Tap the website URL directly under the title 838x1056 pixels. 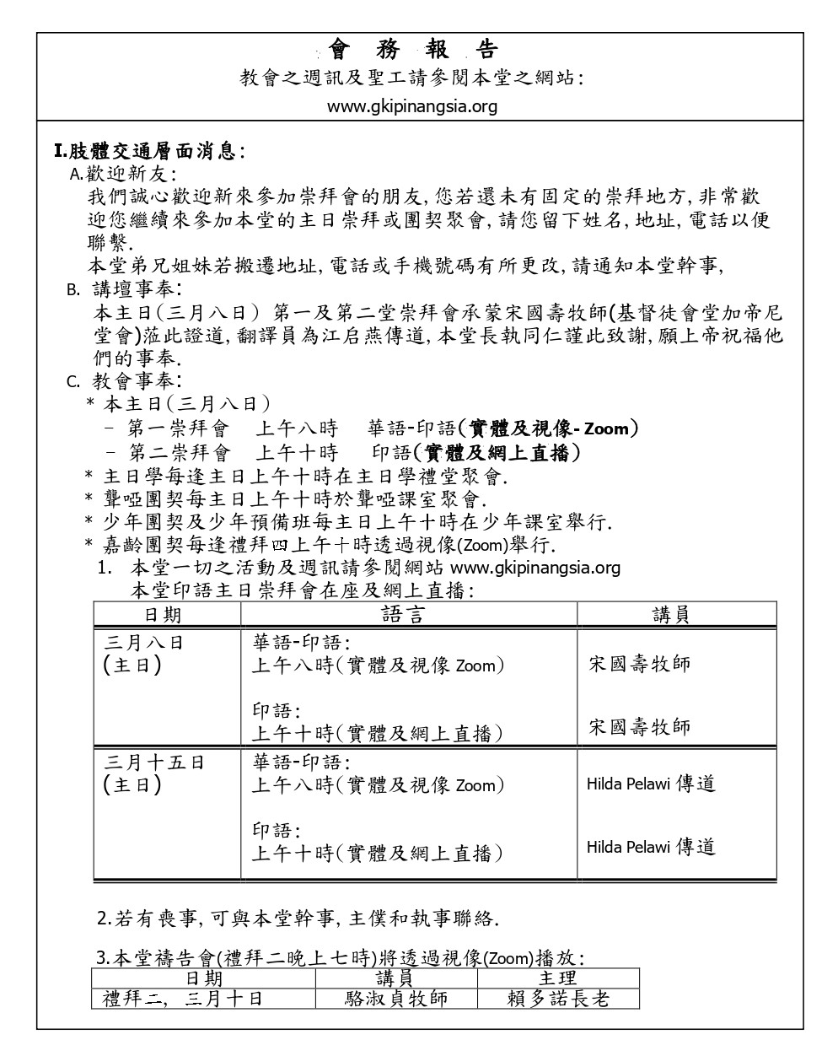[x=412, y=106]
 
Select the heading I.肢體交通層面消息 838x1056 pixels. [x=149, y=152]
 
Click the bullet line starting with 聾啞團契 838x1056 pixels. [x=287, y=498]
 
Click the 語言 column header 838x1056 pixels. [x=404, y=614]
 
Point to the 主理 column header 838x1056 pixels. [x=557, y=978]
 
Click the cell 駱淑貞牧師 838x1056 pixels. [x=396, y=999]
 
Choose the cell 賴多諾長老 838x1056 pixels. [x=557, y=999]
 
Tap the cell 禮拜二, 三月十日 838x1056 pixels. [x=182, y=999]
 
